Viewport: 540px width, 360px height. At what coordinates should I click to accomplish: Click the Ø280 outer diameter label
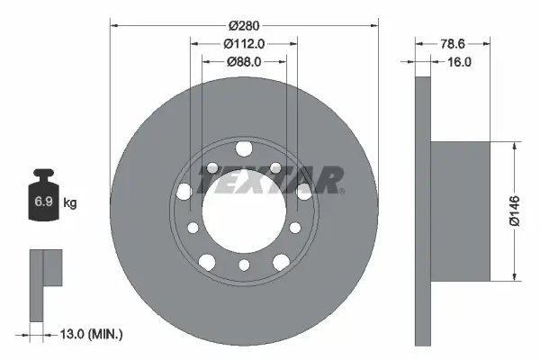(243, 24)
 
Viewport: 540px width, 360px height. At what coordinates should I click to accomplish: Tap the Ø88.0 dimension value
(243, 62)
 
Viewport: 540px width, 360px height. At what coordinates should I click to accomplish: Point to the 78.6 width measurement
(452, 43)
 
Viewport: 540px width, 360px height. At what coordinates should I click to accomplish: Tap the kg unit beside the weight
(70, 203)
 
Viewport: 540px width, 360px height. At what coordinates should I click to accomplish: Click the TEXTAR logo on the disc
(270, 180)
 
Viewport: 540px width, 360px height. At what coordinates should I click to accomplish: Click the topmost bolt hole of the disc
(243, 149)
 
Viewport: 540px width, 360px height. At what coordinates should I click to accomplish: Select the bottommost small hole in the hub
(243, 265)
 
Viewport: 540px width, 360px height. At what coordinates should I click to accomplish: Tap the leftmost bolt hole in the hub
(184, 190)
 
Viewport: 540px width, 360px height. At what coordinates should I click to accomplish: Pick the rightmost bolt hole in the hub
(303, 190)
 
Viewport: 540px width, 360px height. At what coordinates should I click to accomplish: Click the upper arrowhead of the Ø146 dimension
(514, 147)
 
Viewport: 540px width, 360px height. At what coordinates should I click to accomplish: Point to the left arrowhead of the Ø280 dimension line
(112, 24)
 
